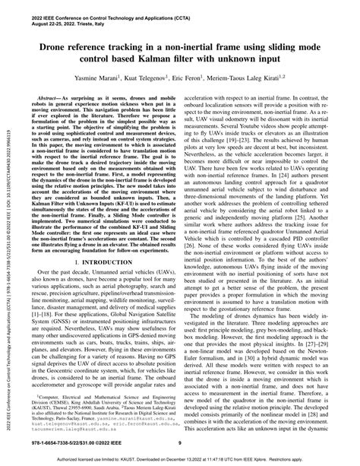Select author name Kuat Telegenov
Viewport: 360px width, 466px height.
tap(156, 78)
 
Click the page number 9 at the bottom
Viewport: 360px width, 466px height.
tap(179, 444)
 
